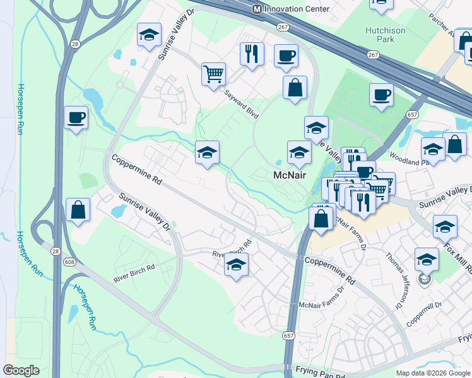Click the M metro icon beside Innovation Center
257,9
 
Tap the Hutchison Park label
389,34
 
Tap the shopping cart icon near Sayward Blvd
214,74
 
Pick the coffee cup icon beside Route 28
76,117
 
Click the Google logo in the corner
21,370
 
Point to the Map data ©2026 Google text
433,373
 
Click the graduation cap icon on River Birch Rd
236,265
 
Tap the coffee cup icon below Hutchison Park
381,95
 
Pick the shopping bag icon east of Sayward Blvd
295,88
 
